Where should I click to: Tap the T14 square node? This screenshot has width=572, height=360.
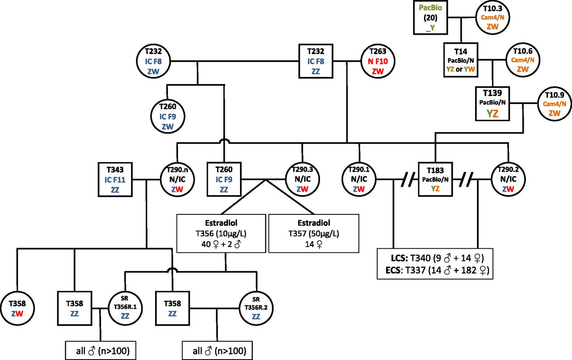tap(461, 59)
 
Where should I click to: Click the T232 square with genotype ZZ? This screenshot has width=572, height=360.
tap(315, 59)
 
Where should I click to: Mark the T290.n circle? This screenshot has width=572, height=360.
tap(177, 180)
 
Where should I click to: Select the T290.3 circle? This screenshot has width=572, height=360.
tap(302, 180)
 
